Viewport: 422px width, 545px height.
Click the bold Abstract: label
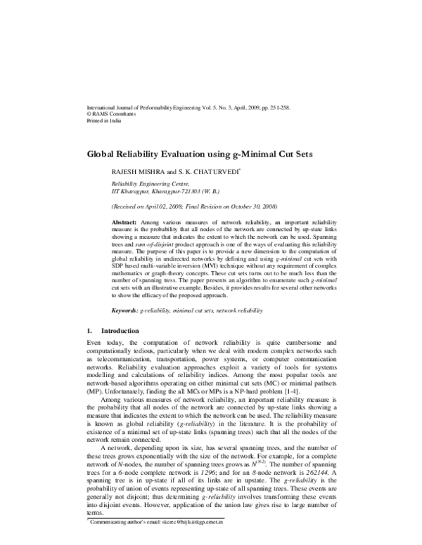point(125,221)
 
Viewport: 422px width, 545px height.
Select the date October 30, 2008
point(248,207)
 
